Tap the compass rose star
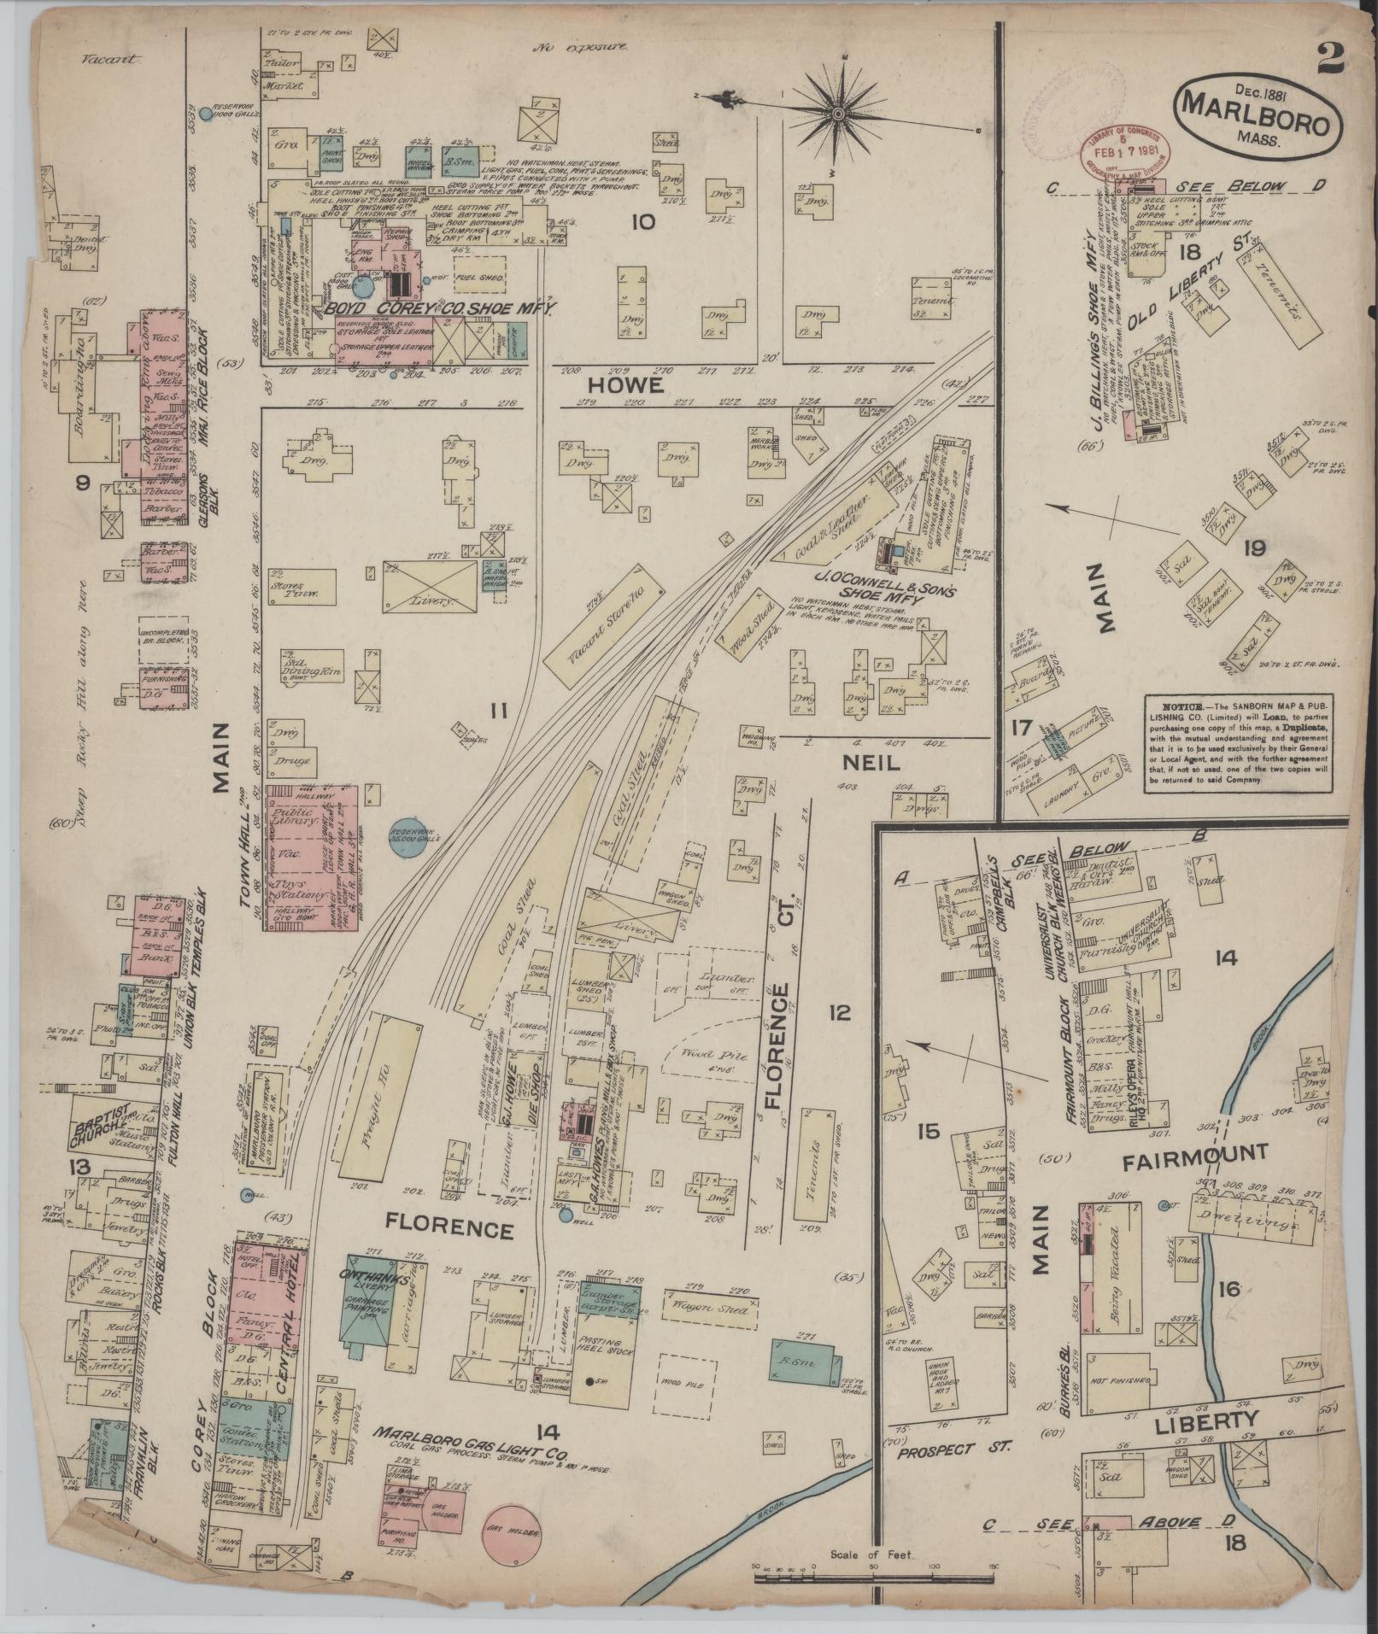[838, 113]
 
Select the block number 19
[1254, 548]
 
